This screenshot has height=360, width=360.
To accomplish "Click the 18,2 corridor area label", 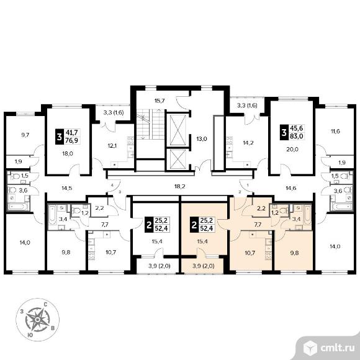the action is click(180, 186).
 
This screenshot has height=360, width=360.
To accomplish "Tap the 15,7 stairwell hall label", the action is click(160, 101).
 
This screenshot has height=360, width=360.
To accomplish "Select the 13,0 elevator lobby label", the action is click(202, 139).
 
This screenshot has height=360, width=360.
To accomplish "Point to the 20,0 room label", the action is click(292, 149).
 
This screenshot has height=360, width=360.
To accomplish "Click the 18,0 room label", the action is click(68, 153).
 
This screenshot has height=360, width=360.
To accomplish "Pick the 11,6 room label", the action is click(335, 132).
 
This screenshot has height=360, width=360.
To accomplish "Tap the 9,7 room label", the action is click(25, 135).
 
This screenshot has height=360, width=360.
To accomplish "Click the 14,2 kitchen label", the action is click(248, 143).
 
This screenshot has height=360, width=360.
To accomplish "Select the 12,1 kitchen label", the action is click(112, 146).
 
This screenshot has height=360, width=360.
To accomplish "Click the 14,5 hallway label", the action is click(67, 188).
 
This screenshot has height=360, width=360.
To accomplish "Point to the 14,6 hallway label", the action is click(291, 188).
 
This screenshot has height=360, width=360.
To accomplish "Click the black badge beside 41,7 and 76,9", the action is click(60, 137).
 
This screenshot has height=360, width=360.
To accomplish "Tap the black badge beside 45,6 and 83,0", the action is click(284, 132).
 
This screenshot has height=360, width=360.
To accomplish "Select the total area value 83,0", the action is click(297, 136).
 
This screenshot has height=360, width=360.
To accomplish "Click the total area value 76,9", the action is click(71, 140).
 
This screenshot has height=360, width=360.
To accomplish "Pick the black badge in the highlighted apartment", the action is click(194, 225).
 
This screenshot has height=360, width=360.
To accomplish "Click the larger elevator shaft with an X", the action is click(178, 130).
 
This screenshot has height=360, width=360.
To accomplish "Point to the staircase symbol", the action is click(151, 124).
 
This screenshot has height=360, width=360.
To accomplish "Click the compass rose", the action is click(38, 320).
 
